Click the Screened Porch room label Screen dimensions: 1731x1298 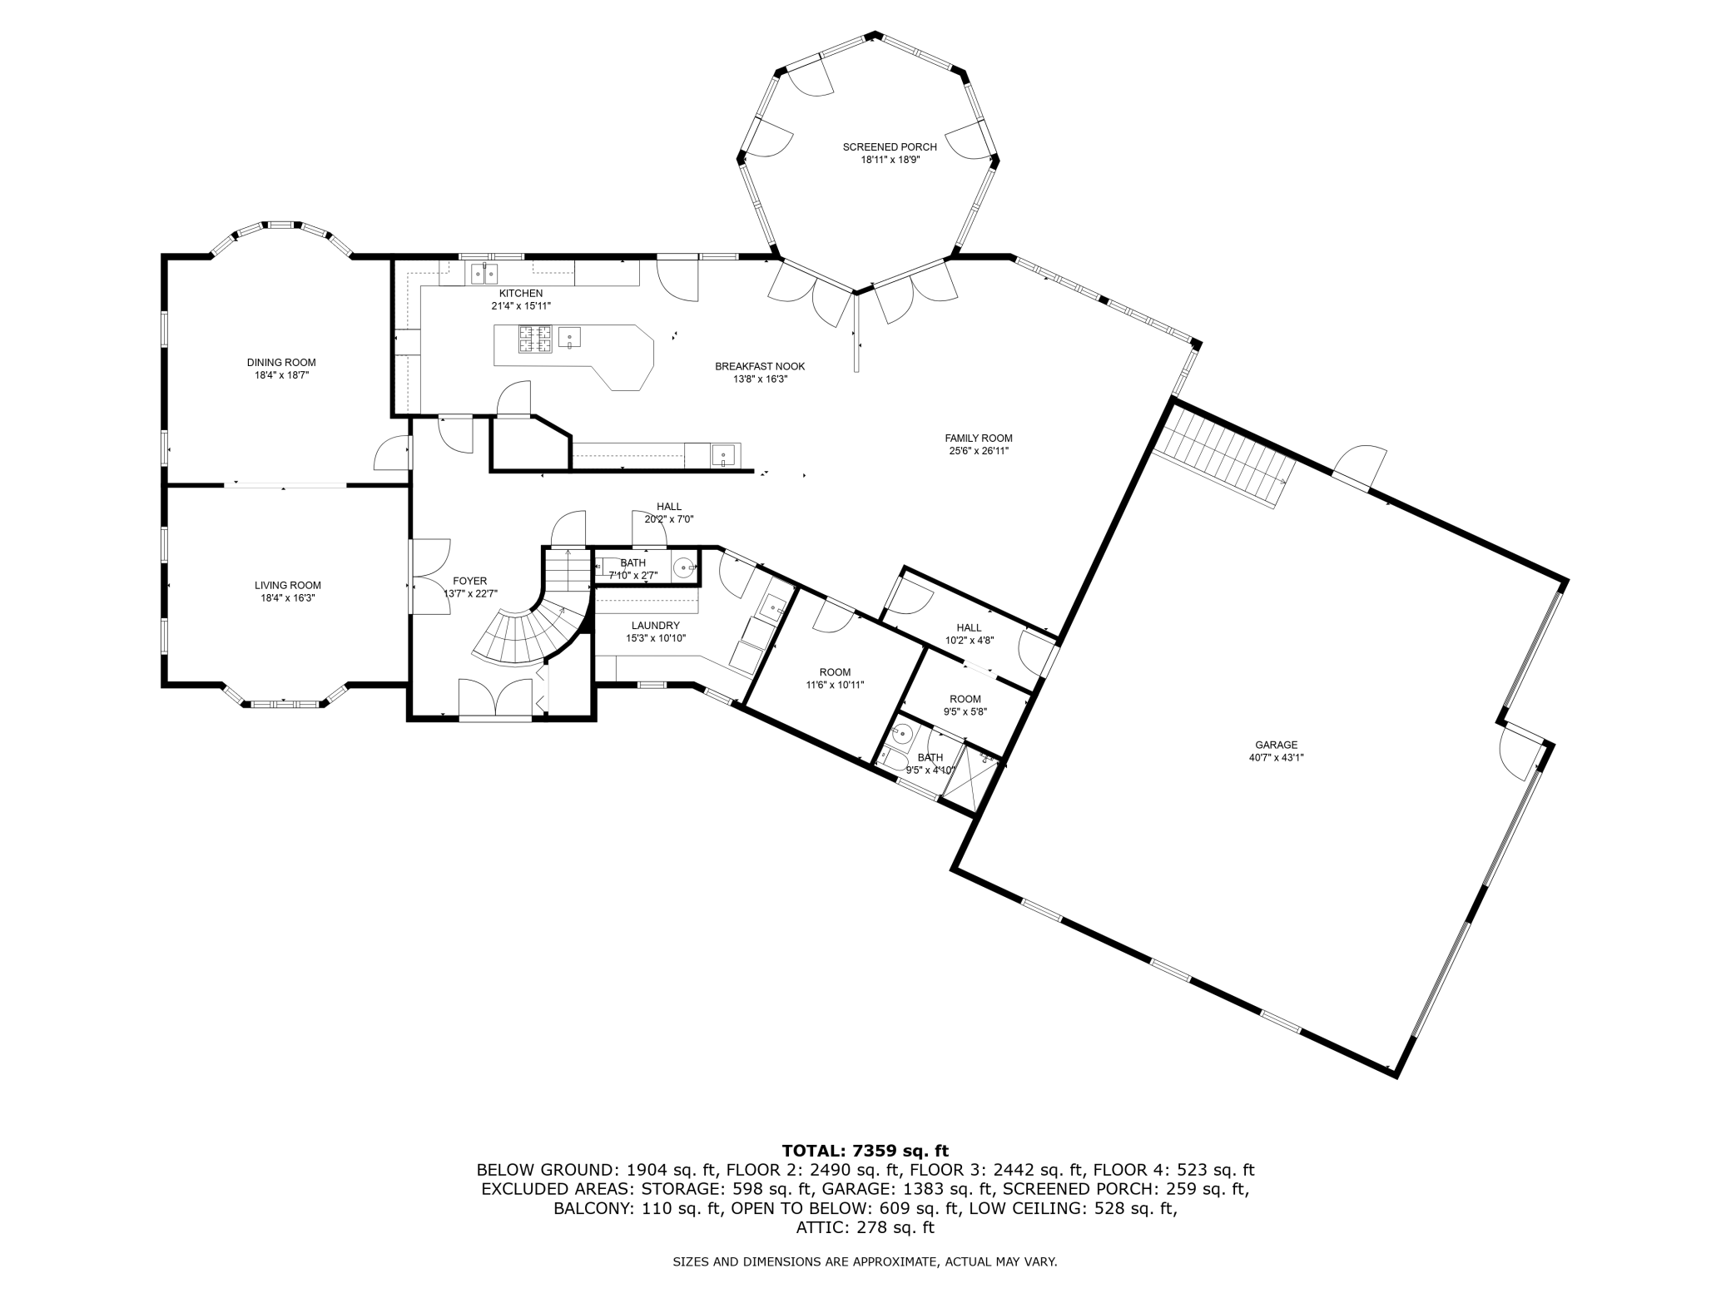tap(890, 147)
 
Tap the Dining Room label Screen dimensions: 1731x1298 tap(281, 363)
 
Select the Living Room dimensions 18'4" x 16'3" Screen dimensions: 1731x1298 tap(288, 598)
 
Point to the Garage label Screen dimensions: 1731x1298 tap(1276, 746)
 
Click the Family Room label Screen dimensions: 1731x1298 tap(979, 438)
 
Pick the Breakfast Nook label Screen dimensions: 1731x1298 tap(760, 367)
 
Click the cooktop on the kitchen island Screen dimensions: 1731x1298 tap(535, 339)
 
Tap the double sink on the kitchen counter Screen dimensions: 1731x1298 tap(484, 272)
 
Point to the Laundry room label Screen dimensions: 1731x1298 tap(656, 626)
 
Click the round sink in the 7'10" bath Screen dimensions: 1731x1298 tap(684, 568)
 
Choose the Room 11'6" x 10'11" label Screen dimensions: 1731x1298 tap(836, 672)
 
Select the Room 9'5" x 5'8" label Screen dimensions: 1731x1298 tap(965, 700)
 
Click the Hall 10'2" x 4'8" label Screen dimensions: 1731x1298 tap(969, 628)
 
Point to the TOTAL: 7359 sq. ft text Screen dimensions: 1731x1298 tap(865, 1152)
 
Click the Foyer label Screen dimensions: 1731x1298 tap(470, 582)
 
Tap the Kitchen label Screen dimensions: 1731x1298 tap(521, 294)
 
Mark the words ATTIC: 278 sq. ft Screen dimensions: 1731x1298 tap(865, 1227)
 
